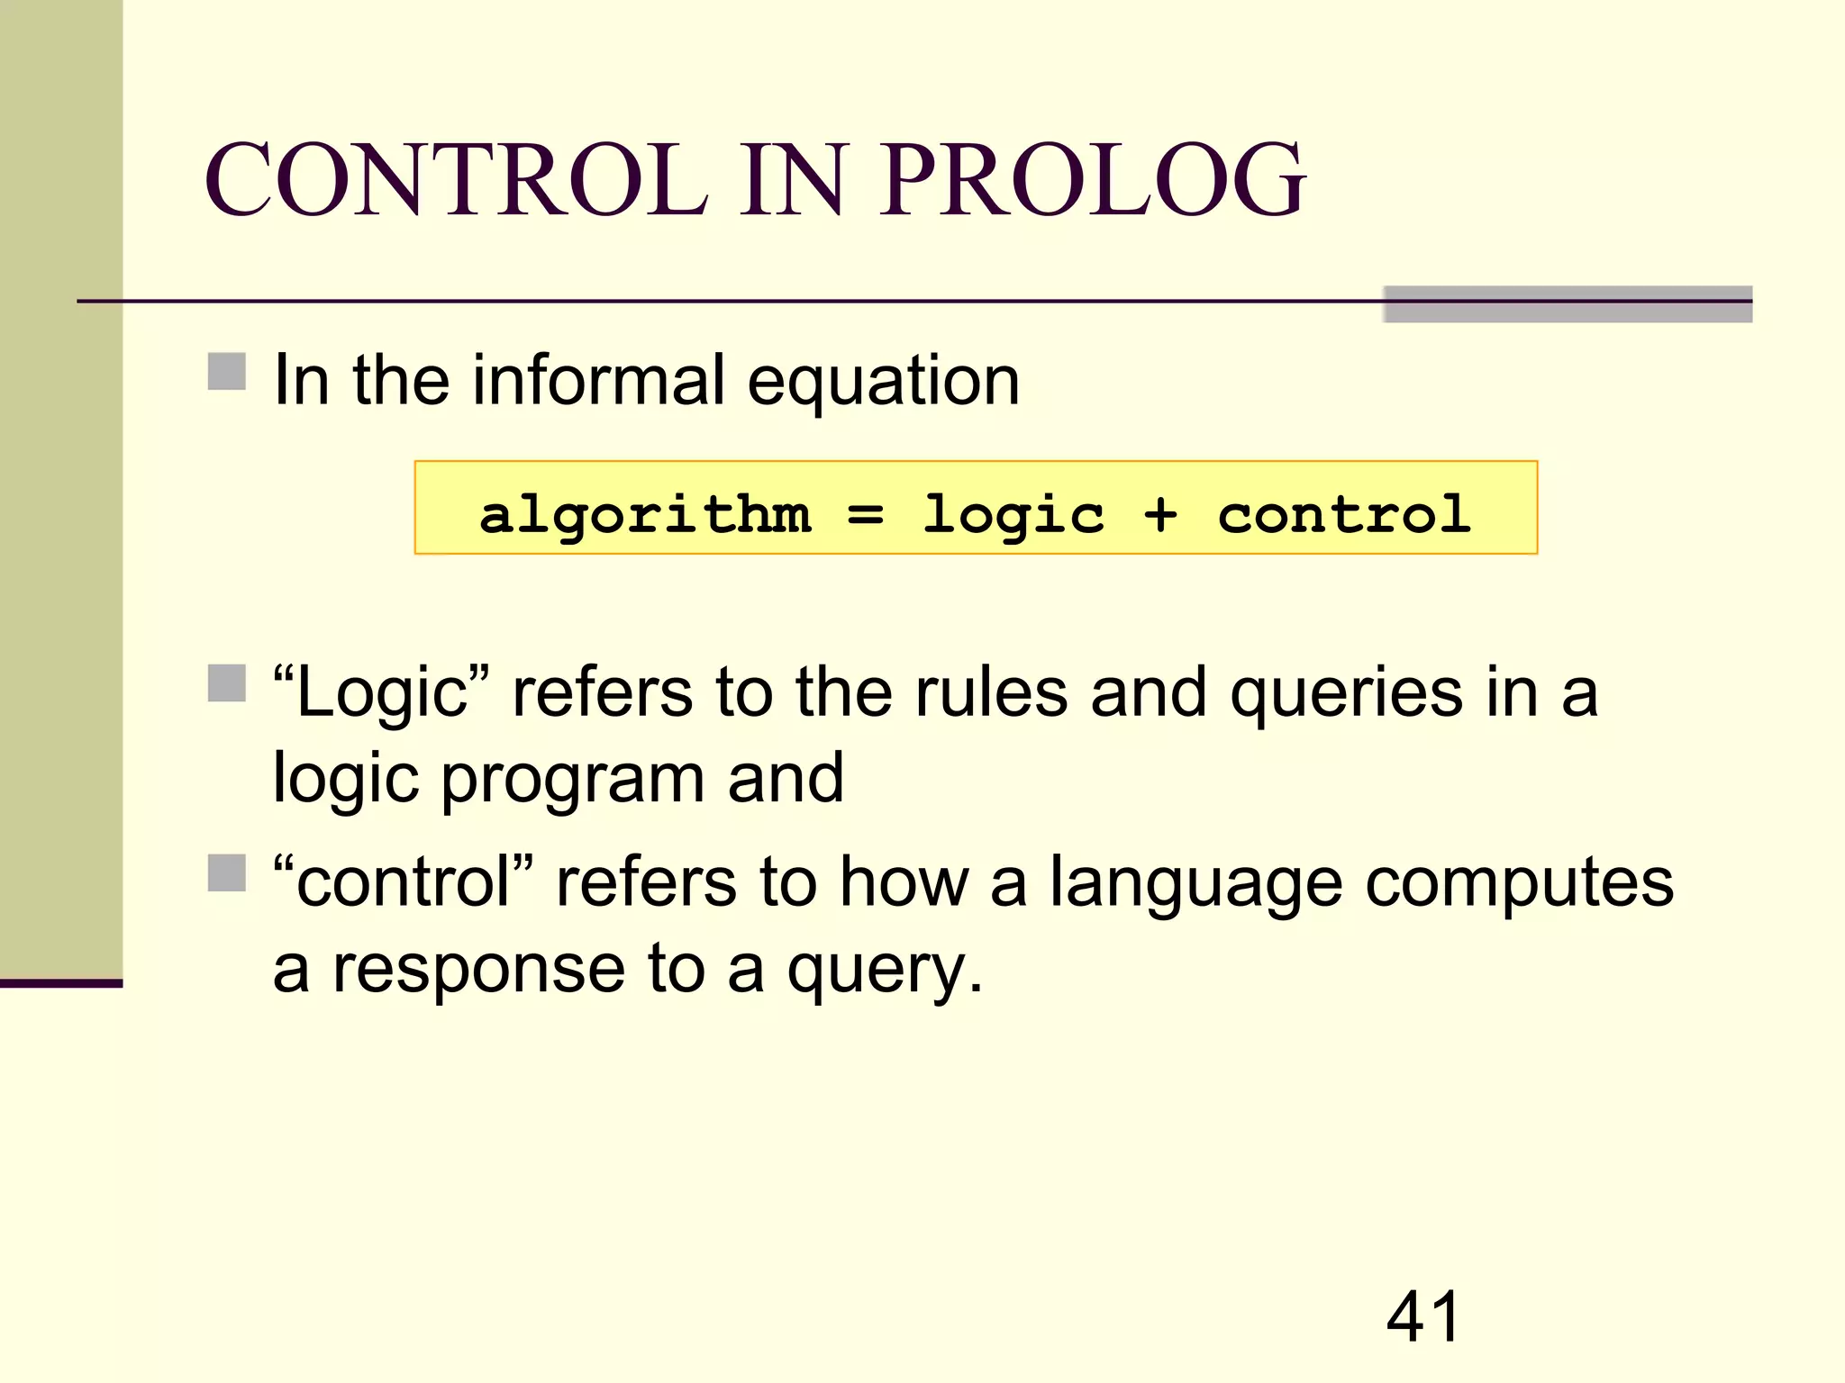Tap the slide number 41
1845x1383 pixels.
point(1422,1316)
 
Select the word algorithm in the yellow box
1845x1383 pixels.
point(645,515)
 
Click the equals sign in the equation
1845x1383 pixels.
point(866,515)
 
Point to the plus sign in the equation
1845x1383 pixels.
point(1160,515)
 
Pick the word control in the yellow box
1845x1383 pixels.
point(1344,515)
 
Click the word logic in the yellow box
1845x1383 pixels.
point(1013,515)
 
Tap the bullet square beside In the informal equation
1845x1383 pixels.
point(227,371)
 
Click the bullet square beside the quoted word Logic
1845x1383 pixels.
point(227,682)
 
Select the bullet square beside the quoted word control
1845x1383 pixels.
point(227,872)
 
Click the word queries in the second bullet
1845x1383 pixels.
point(1346,695)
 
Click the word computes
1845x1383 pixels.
point(1519,884)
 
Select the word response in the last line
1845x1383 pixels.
point(478,971)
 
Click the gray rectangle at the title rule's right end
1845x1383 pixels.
point(1568,304)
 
